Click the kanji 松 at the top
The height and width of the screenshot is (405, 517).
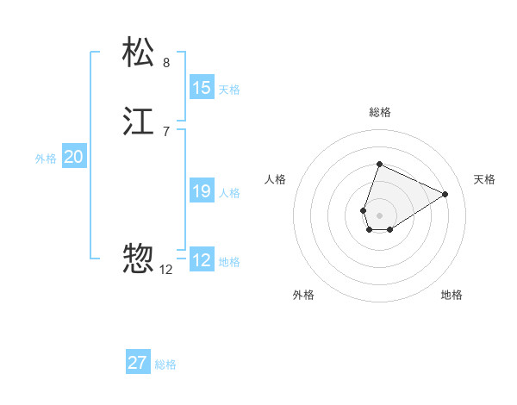139,53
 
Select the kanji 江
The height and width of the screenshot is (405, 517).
139,121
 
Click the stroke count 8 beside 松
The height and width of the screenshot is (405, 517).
166,63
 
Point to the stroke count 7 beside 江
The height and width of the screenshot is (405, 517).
166,131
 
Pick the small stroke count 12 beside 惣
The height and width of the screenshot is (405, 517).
166,269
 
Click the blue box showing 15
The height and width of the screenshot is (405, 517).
202,88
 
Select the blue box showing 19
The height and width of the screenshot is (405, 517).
202,191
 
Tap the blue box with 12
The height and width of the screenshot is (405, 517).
202,260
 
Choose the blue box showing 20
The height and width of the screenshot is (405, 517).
74,157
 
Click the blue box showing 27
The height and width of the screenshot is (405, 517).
138,363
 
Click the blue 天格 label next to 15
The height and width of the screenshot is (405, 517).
229,90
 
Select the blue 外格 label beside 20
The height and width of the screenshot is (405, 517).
46,159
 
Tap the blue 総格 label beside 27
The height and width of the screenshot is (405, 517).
165,364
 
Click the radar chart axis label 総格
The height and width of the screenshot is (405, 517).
380,112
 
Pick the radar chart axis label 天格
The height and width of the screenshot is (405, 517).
485,179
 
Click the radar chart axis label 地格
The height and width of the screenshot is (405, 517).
452,295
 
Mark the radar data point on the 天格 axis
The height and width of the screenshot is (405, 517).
445,195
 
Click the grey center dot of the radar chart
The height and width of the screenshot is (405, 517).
380,215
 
